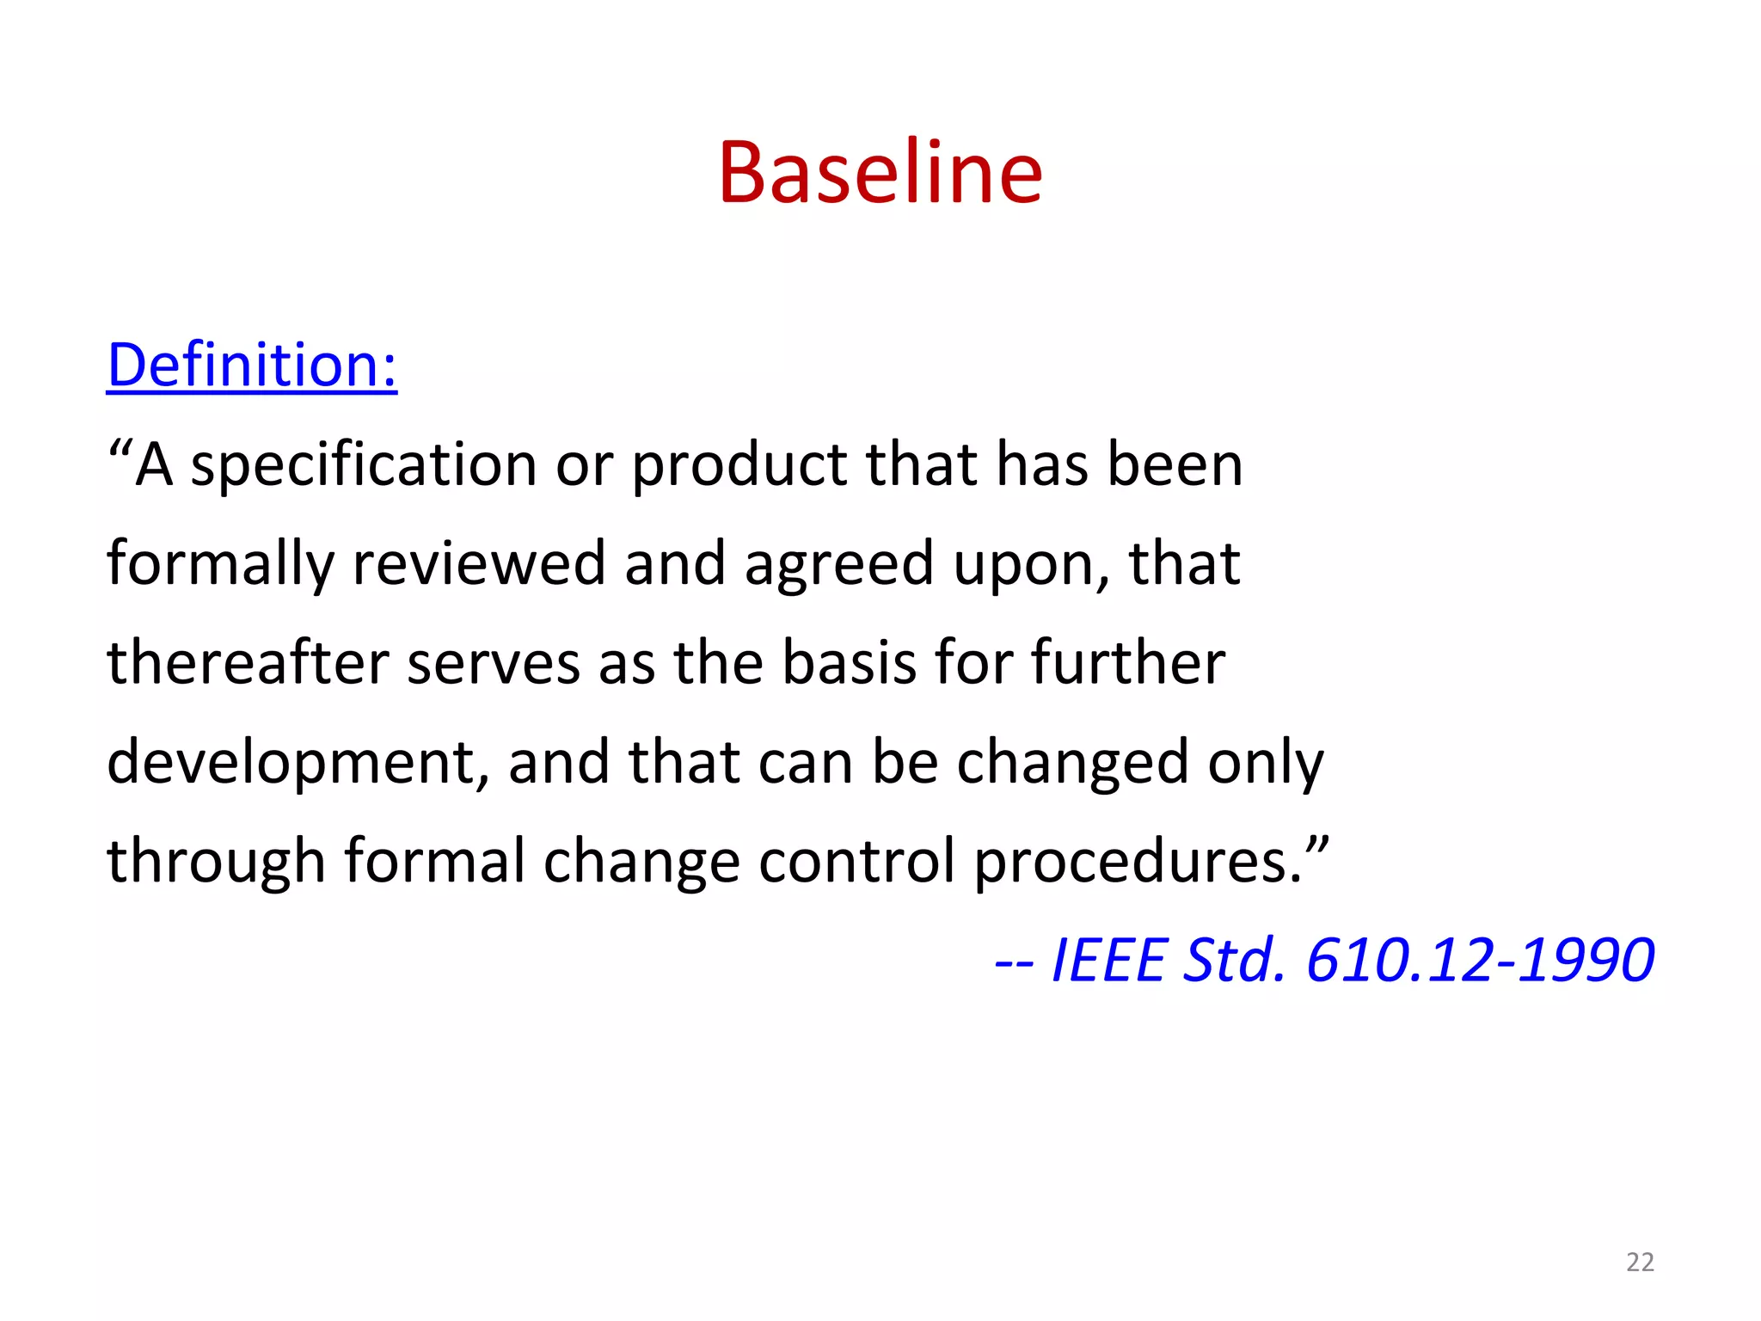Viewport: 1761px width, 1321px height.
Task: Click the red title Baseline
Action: coord(880,173)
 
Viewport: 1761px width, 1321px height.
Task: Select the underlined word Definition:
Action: coord(252,366)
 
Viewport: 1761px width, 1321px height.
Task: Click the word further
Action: coord(1127,663)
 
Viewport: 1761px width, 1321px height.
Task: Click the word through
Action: coord(216,863)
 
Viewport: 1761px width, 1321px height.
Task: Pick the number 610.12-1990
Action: coord(1480,960)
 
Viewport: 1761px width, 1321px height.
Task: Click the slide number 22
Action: coord(1640,1262)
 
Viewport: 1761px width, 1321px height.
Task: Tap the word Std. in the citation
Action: coord(1234,960)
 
